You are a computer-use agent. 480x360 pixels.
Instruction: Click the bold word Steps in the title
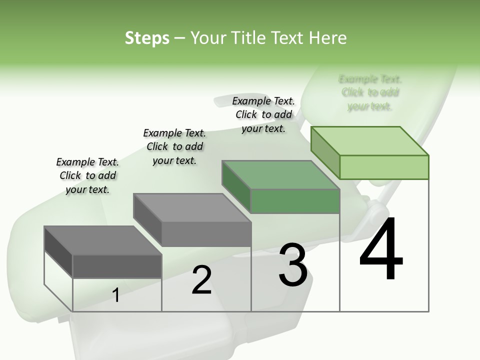pyautogui.click(x=147, y=38)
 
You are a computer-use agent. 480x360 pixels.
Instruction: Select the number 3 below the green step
pyautogui.click(x=293, y=264)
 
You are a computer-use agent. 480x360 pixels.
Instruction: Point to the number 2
pyautogui.click(x=201, y=280)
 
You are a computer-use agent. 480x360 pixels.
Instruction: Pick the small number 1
pyautogui.click(x=116, y=295)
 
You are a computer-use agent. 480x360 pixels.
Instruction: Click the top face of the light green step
pyautogui.click(x=370, y=141)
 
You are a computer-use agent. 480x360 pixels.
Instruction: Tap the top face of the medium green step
pyautogui.click(x=281, y=175)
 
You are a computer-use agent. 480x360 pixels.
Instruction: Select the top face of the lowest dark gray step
pyautogui.click(x=103, y=240)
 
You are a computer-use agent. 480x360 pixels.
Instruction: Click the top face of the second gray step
pyautogui.click(x=192, y=208)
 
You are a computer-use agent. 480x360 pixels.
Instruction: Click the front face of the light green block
pyautogui.click(x=384, y=167)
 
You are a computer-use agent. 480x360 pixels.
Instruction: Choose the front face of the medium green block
pyautogui.click(x=295, y=201)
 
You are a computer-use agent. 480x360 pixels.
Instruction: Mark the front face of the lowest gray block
pyautogui.click(x=117, y=266)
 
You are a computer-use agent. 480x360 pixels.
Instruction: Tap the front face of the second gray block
pyautogui.click(x=206, y=234)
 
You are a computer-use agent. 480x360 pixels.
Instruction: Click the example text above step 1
pyautogui.click(x=87, y=175)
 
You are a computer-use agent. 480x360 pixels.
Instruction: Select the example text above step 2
pyautogui.click(x=174, y=146)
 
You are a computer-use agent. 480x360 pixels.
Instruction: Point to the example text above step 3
pyautogui.click(x=263, y=114)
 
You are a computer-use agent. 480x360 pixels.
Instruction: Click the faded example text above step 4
pyautogui.click(x=370, y=92)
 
